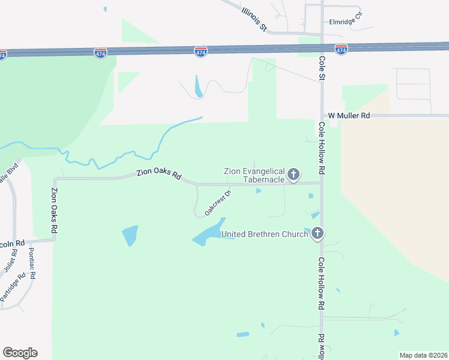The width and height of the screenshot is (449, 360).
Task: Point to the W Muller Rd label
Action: pos(348,115)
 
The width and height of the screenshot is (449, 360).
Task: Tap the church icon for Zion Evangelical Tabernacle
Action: pos(294,175)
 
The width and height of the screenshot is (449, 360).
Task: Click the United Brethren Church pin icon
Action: pos(318,233)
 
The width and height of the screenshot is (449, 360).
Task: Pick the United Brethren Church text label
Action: pos(265,234)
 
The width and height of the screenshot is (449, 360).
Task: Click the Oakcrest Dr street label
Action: pos(218,203)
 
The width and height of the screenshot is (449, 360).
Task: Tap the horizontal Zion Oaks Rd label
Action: pos(158,174)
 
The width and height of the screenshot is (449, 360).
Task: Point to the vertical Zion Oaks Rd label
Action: pos(55,210)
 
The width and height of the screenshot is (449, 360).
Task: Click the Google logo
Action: pos(20,353)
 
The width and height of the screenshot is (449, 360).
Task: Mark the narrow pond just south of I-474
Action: pos(198,86)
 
